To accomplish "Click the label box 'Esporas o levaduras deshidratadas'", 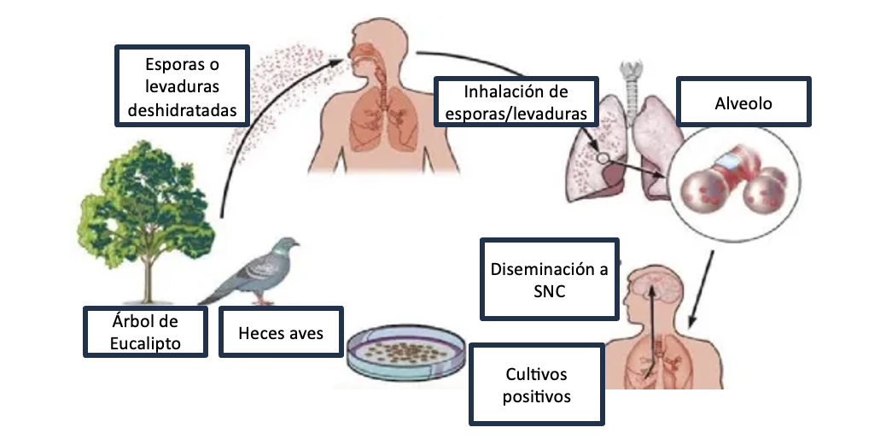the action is (182, 87).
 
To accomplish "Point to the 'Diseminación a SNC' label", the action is (549, 280).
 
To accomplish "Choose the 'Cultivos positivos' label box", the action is (537, 385).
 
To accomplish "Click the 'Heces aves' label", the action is (281, 332).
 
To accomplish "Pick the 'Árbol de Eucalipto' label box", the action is (145, 332).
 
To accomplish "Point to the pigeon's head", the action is (290, 245).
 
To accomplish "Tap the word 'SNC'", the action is (549, 291).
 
